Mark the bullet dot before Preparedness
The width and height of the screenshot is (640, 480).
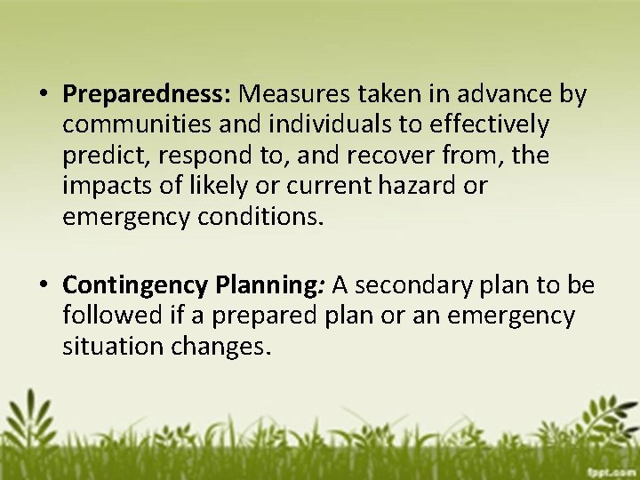pyautogui.click(x=43, y=94)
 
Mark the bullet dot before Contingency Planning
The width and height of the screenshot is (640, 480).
pyautogui.click(x=43, y=286)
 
